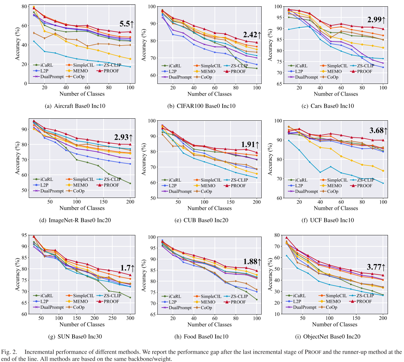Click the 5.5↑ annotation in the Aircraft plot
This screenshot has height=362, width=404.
click(x=127, y=24)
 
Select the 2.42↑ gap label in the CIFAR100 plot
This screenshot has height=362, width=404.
click(x=252, y=35)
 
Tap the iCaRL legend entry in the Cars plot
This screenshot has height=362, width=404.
click(x=299, y=66)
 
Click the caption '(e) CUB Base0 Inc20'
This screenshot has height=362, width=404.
click(x=210, y=220)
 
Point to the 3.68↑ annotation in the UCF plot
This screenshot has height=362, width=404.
click(x=378, y=131)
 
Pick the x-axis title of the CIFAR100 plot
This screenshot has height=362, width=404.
click(x=210, y=94)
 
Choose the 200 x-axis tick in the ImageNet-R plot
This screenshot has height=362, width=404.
click(x=130, y=202)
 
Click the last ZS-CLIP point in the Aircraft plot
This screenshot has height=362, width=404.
click(x=130, y=67)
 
